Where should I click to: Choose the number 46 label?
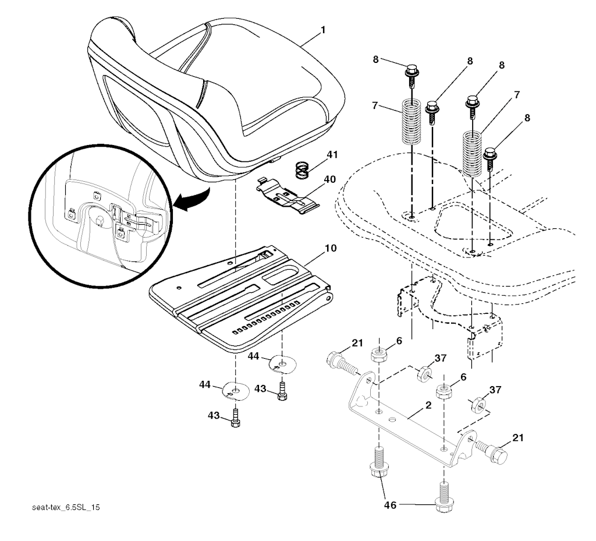pos(390,505)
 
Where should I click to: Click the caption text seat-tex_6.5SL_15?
pos(65,508)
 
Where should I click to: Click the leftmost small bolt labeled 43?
pos(235,418)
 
